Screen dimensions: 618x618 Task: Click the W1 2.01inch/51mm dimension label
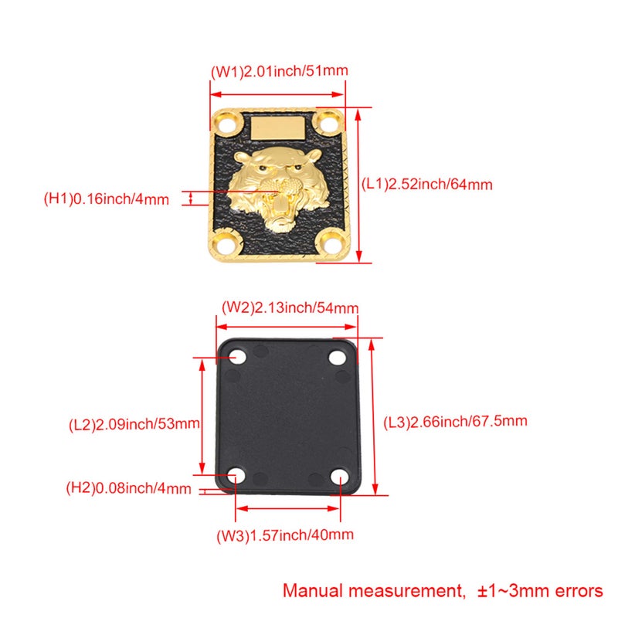[x=280, y=71]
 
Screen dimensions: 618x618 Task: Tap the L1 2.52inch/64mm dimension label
[x=427, y=184]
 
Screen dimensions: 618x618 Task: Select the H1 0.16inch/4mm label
[x=107, y=199]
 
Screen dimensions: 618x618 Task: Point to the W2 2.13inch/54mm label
[x=290, y=307]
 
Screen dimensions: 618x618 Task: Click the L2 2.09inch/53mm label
[x=134, y=424]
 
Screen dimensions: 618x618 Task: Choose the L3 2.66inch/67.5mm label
[x=455, y=422]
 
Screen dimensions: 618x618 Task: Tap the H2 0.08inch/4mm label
[x=128, y=488]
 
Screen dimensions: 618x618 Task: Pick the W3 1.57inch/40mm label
[x=285, y=535]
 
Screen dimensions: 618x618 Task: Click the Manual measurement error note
[x=443, y=591]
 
